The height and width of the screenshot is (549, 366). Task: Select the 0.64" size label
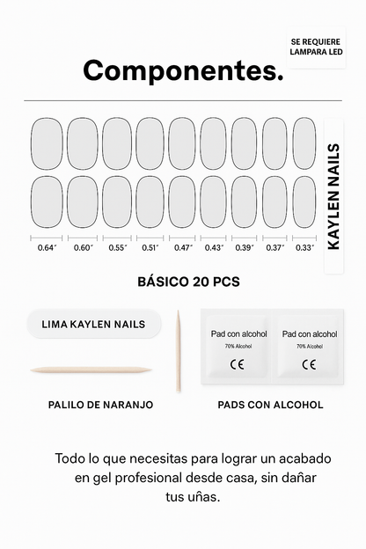[47, 247]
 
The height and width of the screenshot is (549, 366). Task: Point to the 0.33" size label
[304, 247]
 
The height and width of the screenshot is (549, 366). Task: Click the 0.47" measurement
[183, 247]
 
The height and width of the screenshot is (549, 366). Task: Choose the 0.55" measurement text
[118, 247]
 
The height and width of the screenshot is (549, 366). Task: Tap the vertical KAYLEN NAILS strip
[333, 197]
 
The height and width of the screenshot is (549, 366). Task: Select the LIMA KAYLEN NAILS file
[94, 324]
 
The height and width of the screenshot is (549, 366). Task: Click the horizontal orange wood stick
[91, 370]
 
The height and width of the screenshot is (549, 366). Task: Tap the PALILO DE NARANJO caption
[100, 405]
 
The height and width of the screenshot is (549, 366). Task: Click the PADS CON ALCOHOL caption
[270, 405]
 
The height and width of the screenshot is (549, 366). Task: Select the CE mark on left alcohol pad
[237, 363]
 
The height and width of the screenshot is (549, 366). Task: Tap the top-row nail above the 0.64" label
[47, 143]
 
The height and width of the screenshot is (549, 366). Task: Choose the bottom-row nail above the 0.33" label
[304, 201]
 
